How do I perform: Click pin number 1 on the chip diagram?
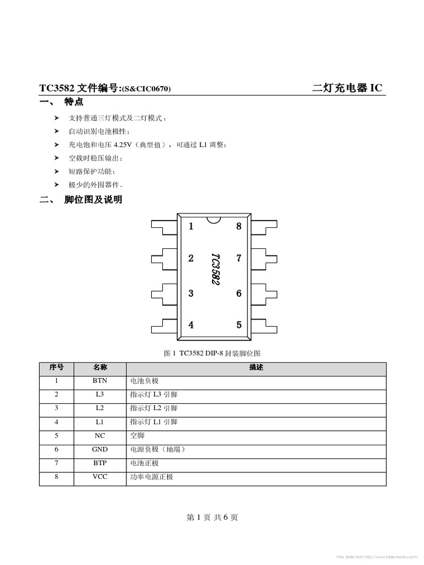click(191, 226)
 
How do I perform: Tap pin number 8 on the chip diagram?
click(239, 226)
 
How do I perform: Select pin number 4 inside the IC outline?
click(191, 325)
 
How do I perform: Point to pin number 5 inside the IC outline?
click(239, 325)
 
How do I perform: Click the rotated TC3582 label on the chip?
click(215, 269)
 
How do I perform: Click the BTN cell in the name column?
click(100, 381)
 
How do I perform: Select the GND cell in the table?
click(100, 450)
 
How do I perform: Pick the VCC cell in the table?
click(100, 477)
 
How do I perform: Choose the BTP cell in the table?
click(100, 463)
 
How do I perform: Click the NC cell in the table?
click(100, 436)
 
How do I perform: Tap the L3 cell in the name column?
click(100, 395)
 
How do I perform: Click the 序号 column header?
click(56, 367)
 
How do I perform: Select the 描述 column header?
click(256, 367)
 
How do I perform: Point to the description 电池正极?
click(145, 463)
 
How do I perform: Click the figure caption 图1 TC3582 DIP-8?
click(212, 353)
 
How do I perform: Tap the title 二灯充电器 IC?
click(347, 88)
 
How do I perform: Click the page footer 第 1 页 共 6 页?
click(212, 518)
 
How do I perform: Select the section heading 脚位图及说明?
click(93, 200)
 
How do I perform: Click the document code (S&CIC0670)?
click(146, 89)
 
